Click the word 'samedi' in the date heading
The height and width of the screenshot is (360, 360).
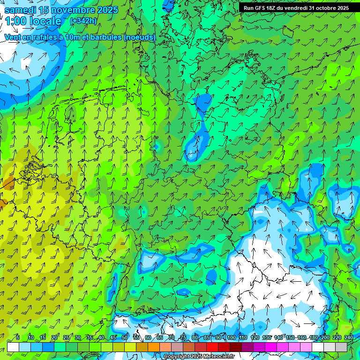click(x=20, y=10)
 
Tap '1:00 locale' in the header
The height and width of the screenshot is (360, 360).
click(x=33, y=21)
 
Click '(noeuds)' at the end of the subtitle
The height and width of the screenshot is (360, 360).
click(x=139, y=37)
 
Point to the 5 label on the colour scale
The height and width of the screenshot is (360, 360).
click(x=18, y=337)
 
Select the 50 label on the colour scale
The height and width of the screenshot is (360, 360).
click(x=124, y=337)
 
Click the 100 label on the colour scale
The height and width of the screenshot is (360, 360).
click(x=231, y=337)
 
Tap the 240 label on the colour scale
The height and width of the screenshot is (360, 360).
click(x=349, y=337)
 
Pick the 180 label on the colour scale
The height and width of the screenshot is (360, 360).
click(x=313, y=337)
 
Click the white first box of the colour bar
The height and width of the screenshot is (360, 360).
click(x=13, y=347)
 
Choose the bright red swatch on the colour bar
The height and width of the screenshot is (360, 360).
click(x=212, y=347)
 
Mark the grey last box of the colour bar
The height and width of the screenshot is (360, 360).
click(x=341, y=347)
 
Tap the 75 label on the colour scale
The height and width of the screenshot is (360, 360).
click(x=183, y=337)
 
